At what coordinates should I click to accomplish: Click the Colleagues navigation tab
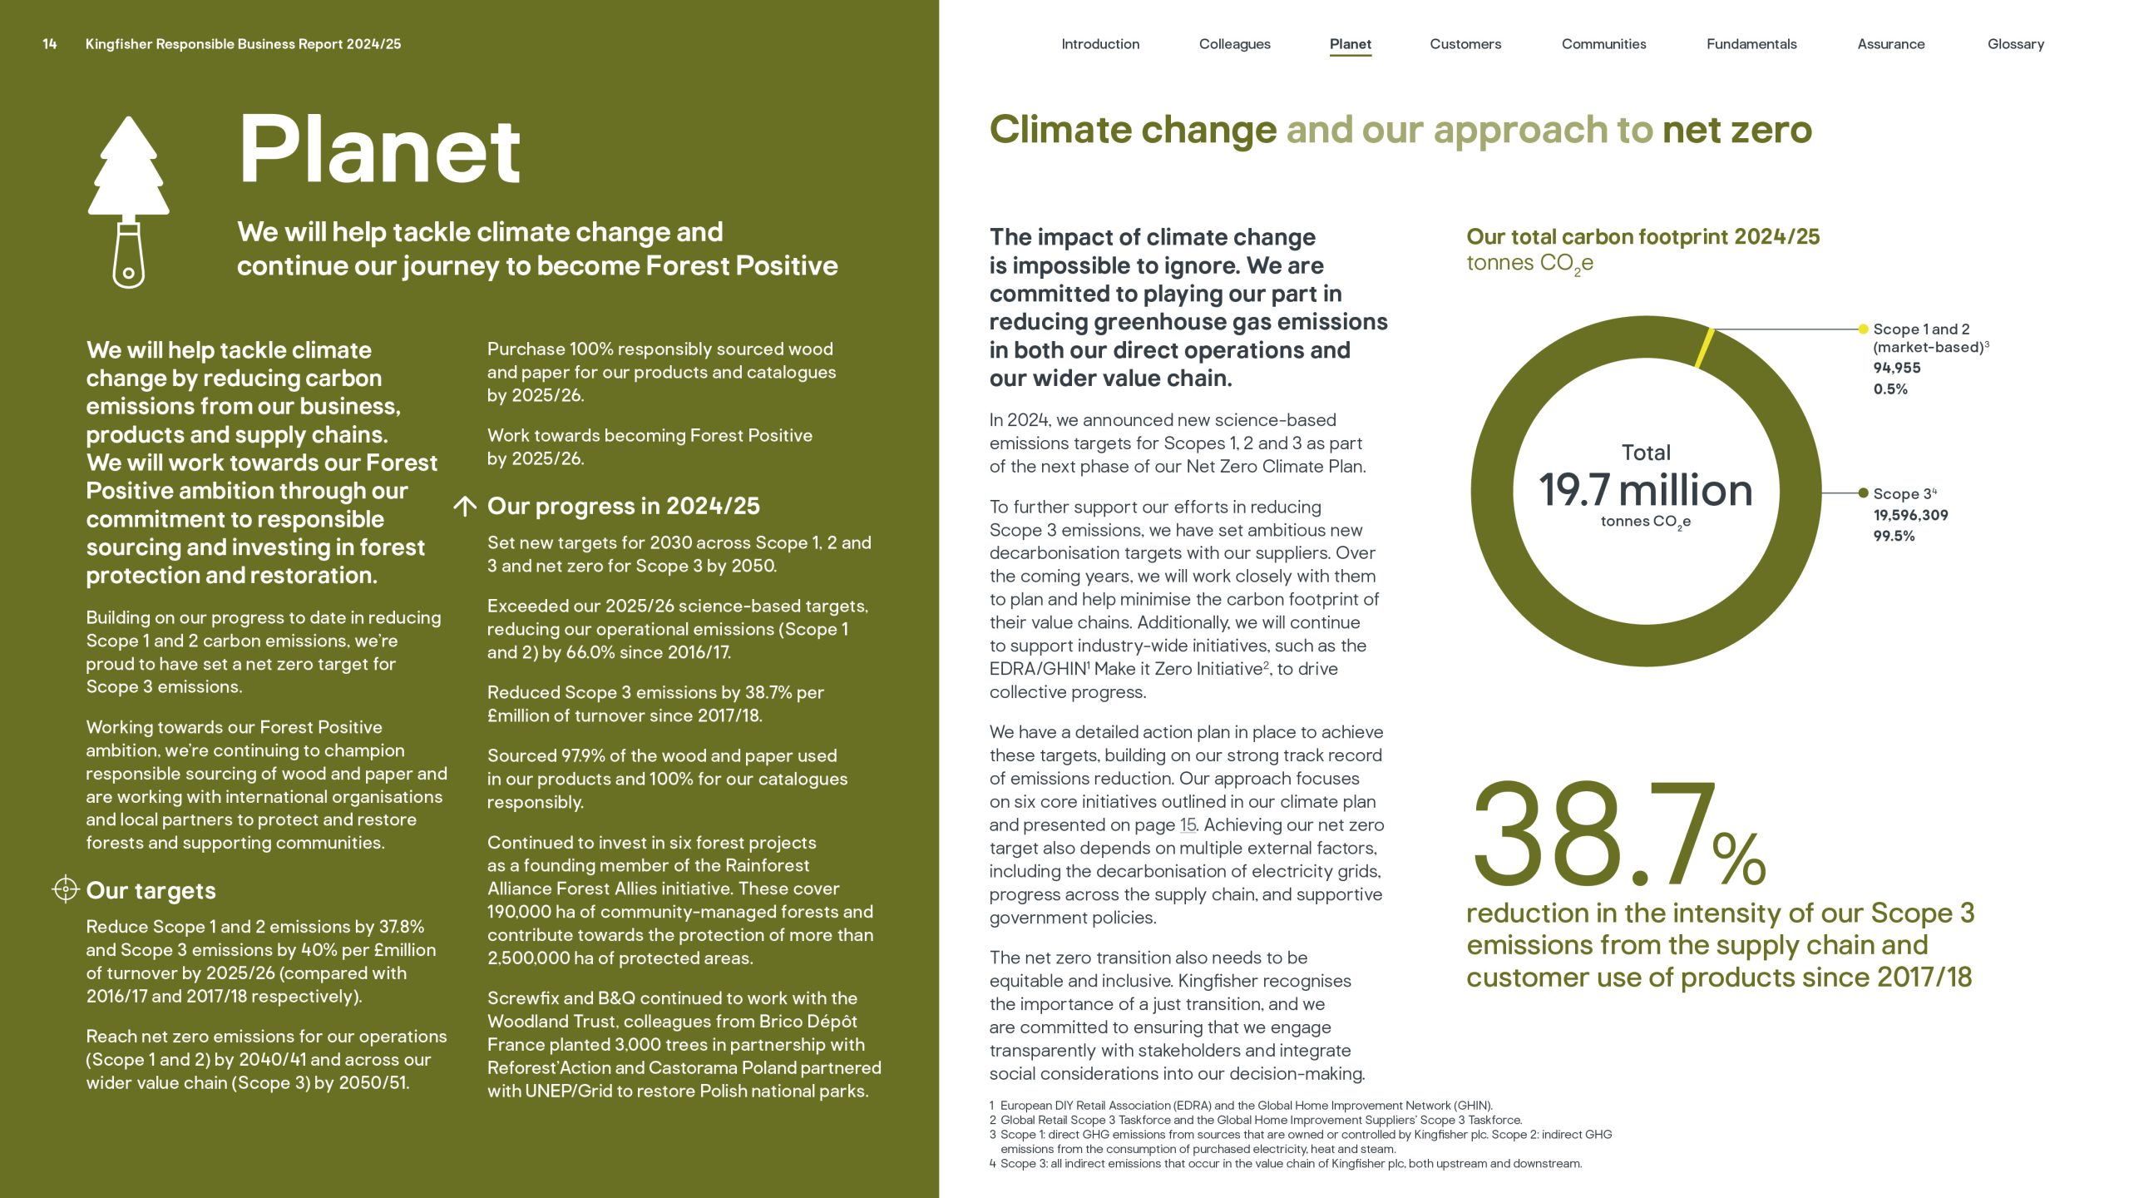1234,44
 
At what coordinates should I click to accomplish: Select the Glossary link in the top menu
2015,44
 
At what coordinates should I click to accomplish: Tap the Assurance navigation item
1890,44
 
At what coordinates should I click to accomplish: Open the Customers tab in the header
1465,44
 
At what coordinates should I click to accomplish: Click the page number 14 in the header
50,44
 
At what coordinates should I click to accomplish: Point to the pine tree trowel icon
129,202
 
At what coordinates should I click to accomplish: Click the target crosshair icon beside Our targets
65,889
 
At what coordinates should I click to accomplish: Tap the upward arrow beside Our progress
465,506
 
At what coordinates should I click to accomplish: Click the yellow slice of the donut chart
1704,348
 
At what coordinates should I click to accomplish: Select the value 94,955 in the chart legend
1896,368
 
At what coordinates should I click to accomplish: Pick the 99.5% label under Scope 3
1894,537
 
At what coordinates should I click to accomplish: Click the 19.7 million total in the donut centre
1645,490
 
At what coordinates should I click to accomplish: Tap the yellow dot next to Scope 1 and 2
1863,329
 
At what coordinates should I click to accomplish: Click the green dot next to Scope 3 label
1863,493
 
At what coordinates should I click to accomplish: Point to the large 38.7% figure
1618,836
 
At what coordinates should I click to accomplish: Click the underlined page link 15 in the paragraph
1188,825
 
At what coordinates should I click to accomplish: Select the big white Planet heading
379,151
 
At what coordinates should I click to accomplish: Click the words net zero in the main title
1736,130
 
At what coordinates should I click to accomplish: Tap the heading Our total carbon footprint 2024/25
1642,237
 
